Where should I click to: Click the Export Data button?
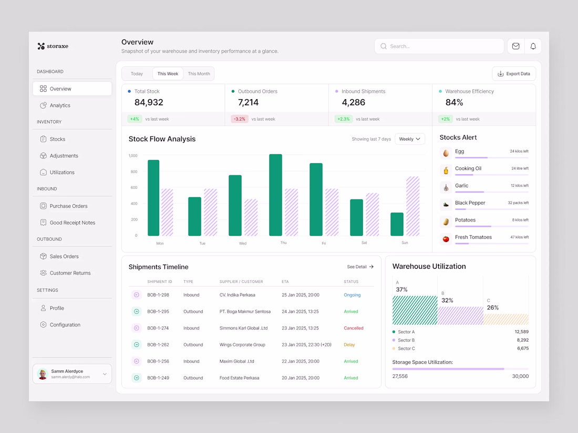pos(513,73)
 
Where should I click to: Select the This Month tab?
pos(199,73)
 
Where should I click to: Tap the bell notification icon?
pos(533,46)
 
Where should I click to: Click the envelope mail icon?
pos(515,46)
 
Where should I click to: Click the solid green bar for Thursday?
pos(276,195)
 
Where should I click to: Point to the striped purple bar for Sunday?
pos(413,206)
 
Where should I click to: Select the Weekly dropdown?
pos(409,139)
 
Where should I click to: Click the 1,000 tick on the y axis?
pos(133,156)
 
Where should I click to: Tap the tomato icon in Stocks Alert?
pos(446,239)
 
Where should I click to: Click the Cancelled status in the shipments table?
pos(354,328)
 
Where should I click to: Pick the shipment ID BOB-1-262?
pos(158,345)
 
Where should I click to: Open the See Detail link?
pos(360,267)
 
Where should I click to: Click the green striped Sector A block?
pos(415,310)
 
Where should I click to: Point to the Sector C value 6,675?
pos(523,348)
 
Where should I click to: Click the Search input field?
pos(439,46)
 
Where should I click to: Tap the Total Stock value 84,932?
pos(149,102)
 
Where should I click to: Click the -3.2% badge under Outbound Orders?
pos(240,119)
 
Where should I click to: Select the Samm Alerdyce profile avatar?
pos(43,374)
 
